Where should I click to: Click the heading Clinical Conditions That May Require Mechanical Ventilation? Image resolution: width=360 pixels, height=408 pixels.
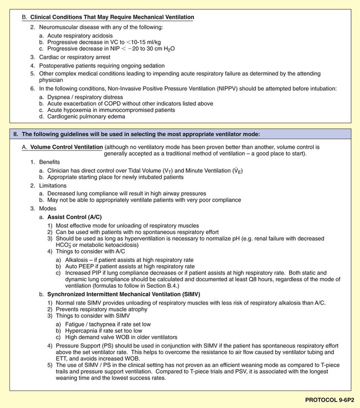tap(112, 18)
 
